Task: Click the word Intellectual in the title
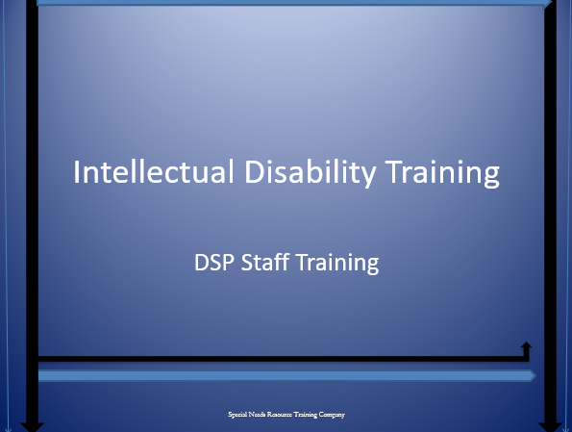pos(154,171)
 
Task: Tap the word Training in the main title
pos(442,173)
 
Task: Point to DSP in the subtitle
pos(213,263)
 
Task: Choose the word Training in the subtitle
pos(337,263)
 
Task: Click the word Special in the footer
pos(237,415)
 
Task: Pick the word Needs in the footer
pos(257,414)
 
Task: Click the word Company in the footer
pos(332,415)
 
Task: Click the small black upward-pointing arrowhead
pos(526,345)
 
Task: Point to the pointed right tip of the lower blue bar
pos(535,375)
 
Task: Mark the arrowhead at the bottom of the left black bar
pos(32,427)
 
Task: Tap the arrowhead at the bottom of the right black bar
pos(550,427)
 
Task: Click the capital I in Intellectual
pos(77,171)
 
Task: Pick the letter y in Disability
pos(367,176)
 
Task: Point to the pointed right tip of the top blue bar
pos(551,2)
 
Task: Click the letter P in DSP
pos(228,263)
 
